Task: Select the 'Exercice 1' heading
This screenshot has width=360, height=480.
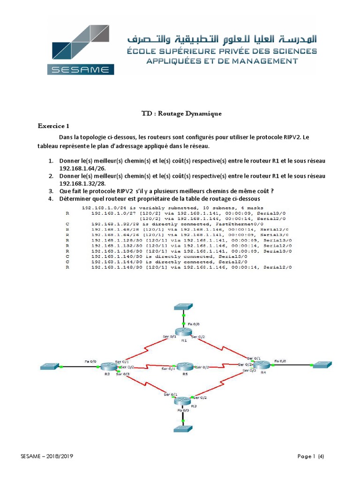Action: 53,126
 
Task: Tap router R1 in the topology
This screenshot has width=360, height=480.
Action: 184,331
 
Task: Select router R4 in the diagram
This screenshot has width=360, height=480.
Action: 262,365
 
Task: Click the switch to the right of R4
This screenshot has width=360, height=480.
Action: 322,364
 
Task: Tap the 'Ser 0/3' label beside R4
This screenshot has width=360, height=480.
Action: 249,371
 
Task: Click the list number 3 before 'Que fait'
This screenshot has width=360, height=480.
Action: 51,191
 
